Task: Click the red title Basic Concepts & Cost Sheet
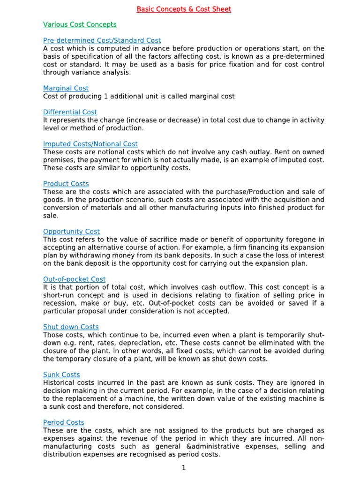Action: coord(184,9)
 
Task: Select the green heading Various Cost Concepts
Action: coord(80,24)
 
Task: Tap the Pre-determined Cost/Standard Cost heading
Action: coord(102,40)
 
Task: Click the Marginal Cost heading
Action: coord(66,88)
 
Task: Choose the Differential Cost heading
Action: coord(70,112)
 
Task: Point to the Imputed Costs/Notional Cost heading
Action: coord(90,144)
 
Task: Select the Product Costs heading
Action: coord(66,184)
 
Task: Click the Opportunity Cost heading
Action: coord(71,232)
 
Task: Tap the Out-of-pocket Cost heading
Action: coord(74,279)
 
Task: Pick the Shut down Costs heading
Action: coord(71,327)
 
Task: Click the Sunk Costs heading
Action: coord(61,375)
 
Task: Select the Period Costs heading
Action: coord(64,422)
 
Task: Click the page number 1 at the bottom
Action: coord(184,467)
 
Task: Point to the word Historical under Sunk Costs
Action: coord(60,382)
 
